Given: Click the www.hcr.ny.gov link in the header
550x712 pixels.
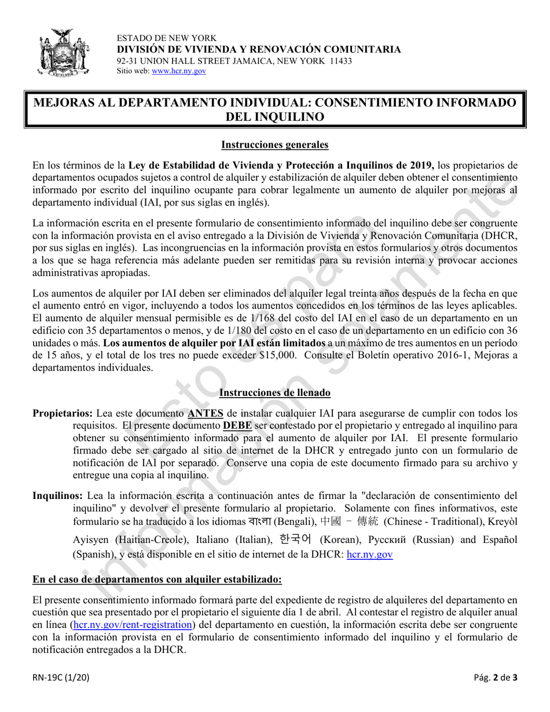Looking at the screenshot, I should coord(178,71).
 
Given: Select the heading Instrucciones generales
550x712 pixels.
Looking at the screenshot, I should coord(274,145).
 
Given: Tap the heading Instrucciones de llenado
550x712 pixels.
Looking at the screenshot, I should coord(274,393).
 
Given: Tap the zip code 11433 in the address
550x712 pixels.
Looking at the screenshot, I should coord(340,61).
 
